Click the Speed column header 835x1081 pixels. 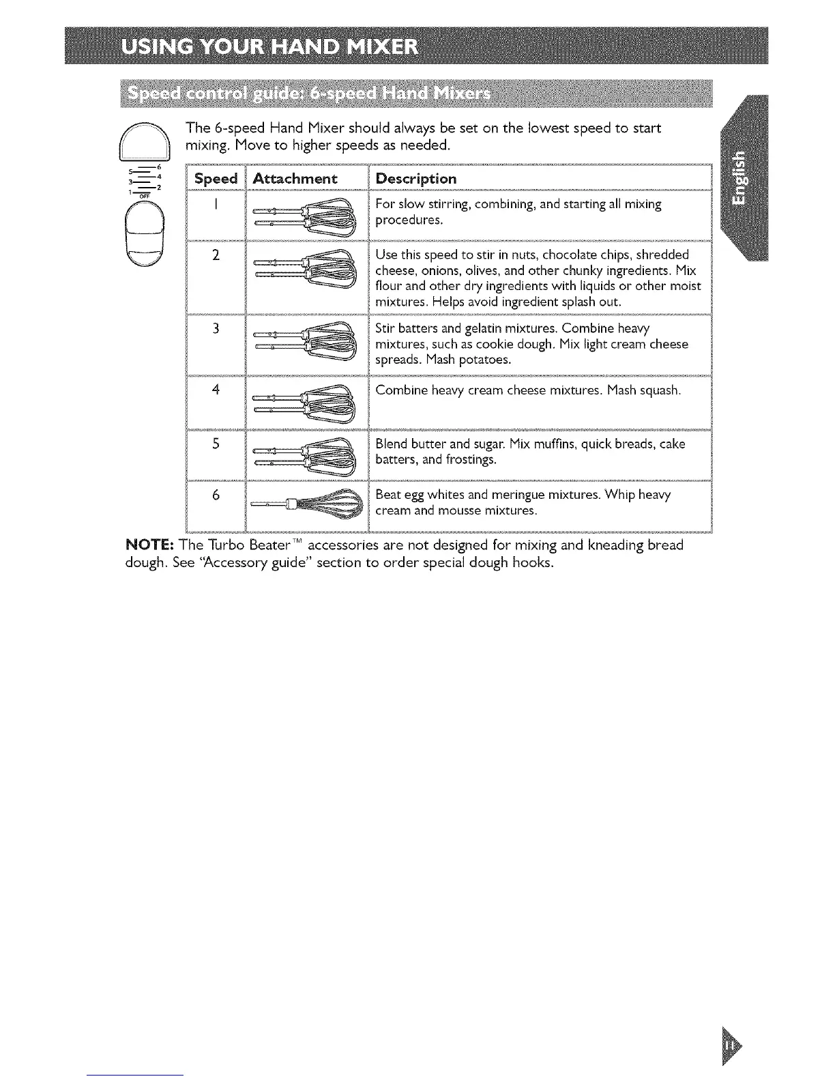click(216, 179)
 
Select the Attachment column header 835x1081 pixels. click(295, 179)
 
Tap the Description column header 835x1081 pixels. click(416, 179)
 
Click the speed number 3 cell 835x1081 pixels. click(216, 329)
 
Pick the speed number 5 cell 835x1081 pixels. click(216, 444)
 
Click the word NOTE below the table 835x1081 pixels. click(149, 545)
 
